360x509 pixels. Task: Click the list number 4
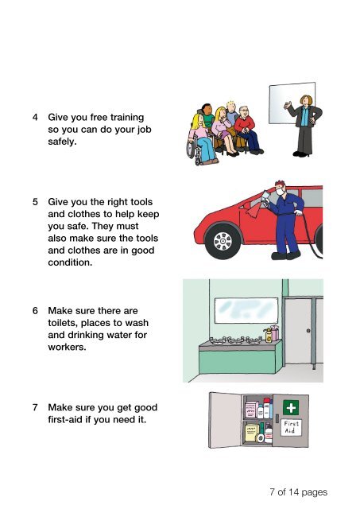[x=35, y=117]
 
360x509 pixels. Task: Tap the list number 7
[x=35, y=407]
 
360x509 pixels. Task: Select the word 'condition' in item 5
[x=69, y=262]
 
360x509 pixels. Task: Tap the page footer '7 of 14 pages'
[x=298, y=492]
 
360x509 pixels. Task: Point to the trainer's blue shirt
[x=304, y=117]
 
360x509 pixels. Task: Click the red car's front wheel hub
[x=223, y=241]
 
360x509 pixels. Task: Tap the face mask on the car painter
[x=281, y=192]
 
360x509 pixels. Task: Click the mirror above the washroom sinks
[x=246, y=310]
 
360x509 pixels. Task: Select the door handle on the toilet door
[x=308, y=331]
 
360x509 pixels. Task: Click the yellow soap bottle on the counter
[x=269, y=336]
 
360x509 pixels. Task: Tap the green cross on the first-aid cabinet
[x=291, y=407]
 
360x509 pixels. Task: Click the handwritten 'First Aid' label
[x=291, y=427]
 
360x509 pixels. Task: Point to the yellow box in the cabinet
[x=252, y=433]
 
